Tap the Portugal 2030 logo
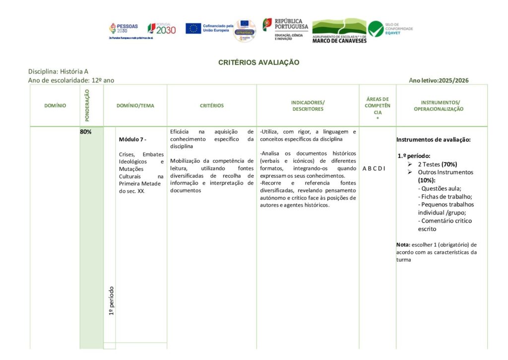point(162,29)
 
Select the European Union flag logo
point(193,28)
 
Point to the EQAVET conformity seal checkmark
point(376,29)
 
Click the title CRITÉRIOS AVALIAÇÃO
point(259,63)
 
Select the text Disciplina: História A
point(58,72)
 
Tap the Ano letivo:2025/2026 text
point(439,80)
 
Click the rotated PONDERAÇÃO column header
point(87,105)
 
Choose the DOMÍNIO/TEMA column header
point(135,106)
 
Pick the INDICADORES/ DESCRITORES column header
point(308,106)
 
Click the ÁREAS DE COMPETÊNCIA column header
point(378,106)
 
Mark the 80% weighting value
point(85,132)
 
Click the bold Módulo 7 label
point(132,139)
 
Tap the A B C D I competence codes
point(374,168)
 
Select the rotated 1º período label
point(112,300)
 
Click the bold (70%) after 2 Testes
point(449,164)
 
